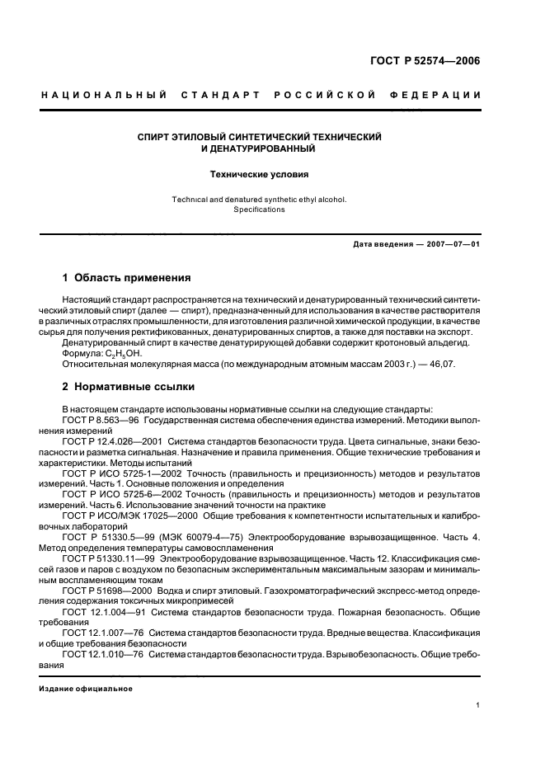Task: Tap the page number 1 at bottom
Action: click(x=479, y=705)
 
